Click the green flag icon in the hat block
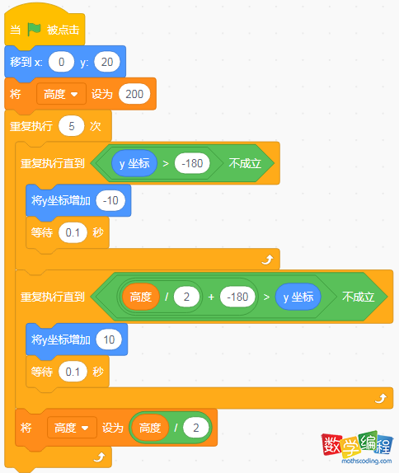(34, 30)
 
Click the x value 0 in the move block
(61, 62)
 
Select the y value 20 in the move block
(107, 62)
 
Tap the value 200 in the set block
(134, 94)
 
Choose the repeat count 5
(71, 126)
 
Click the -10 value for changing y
(110, 200)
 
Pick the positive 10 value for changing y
(109, 340)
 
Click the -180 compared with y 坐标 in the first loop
(192, 163)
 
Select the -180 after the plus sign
(237, 297)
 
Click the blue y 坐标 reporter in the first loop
(134, 163)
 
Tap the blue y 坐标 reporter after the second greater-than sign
(298, 297)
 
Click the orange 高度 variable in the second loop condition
(141, 297)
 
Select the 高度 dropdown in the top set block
(61, 94)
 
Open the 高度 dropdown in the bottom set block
(72, 428)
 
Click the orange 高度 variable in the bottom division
(150, 428)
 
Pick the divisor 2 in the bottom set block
(196, 428)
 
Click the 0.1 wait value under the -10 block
(73, 232)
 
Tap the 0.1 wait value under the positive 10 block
(73, 372)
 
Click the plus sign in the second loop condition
(211, 297)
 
